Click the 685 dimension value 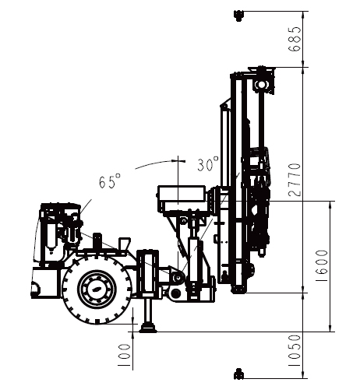tap(295, 39)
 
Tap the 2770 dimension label tap(295, 180)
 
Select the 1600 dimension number tap(321, 266)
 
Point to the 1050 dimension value tap(295, 351)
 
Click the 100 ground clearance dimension tap(124, 356)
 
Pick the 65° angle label tap(110, 181)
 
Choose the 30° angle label tap(208, 164)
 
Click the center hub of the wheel tap(97, 289)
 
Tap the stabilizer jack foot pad tap(147, 329)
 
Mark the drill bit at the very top tap(238, 15)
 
